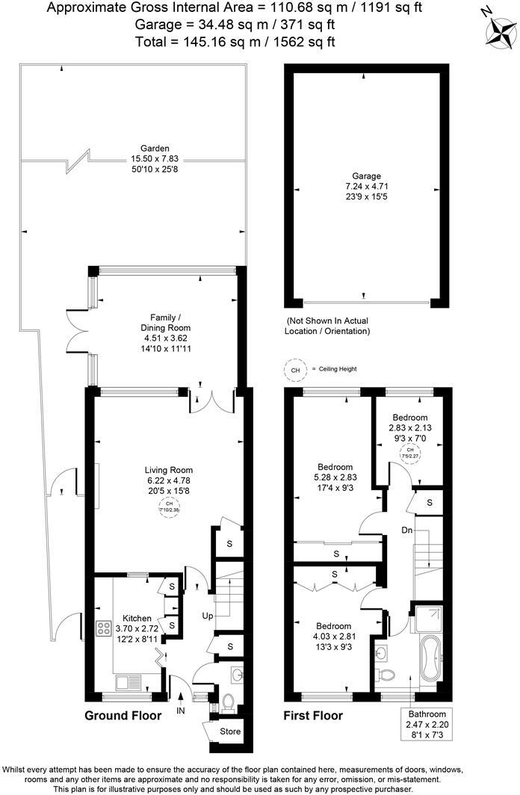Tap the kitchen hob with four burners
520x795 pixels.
[x=102, y=628]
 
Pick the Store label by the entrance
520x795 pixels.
[x=231, y=731]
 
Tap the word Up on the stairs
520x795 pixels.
[x=208, y=616]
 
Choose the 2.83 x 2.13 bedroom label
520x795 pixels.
[x=410, y=427]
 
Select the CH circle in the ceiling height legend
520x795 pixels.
[x=296, y=370]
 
